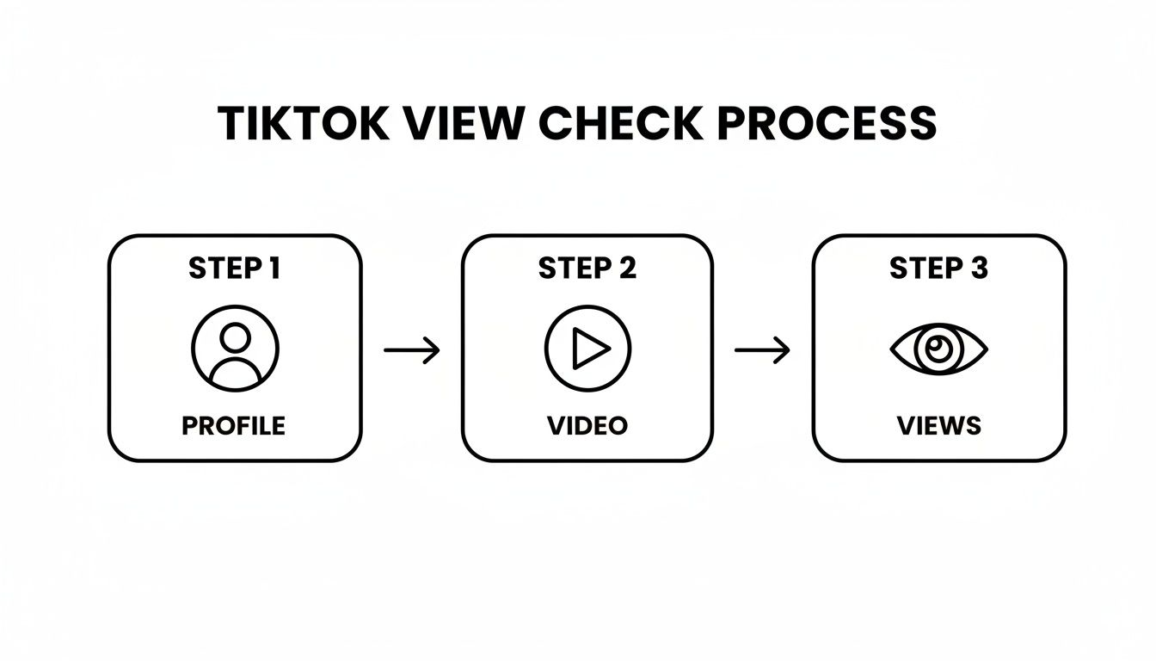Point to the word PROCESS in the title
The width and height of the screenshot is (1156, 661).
pos(827,124)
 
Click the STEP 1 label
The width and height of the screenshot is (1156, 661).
pos(234,269)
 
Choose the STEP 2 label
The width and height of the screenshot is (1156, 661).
pos(587,269)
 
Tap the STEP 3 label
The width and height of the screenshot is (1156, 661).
pos(938,269)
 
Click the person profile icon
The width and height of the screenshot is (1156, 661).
pos(235,349)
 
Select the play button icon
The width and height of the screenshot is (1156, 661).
pos(587,349)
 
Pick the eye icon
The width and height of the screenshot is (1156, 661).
pos(938,349)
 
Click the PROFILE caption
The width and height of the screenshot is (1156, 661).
pos(233,425)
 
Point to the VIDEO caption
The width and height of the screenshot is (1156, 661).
pos(587,425)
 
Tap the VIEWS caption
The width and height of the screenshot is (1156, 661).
pos(938,425)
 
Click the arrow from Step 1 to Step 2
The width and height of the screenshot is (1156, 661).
pos(411,349)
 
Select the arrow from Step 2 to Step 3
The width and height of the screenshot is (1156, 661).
pos(762,349)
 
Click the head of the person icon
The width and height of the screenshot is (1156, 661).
pos(235,337)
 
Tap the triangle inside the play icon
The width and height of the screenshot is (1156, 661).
pos(591,349)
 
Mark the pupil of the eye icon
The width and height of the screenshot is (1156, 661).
pos(938,348)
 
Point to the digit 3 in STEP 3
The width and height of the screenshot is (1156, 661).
pos(979,269)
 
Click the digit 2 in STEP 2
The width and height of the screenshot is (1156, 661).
pos(627,269)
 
